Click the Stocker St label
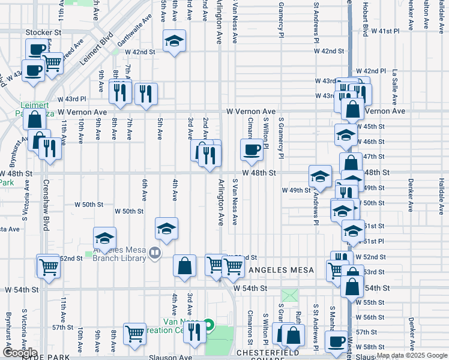pyautogui.click(x=44, y=32)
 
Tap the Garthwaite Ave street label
pyautogui.click(x=134, y=40)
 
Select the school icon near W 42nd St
pyautogui.click(x=174, y=41)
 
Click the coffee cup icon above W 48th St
pyautogui.click(x=252, y=149)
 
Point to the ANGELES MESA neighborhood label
pyautogui.click(x=282, y=270)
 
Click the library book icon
pyautogui.click(x=155, y=253)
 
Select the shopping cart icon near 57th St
pyautogui.click(x=134, y=334)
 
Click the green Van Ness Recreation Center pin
pyautogui.click(x=208, y=325)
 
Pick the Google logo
pyautogui.click(x=20, y=353)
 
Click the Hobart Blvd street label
pyautogui.click(x=364, y=18)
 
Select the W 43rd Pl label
pyautogui.click(x=72, y=98)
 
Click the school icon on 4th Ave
pyautogui.click(x=166, y=228)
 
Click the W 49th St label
pyautogui.click(x=297, y=190)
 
